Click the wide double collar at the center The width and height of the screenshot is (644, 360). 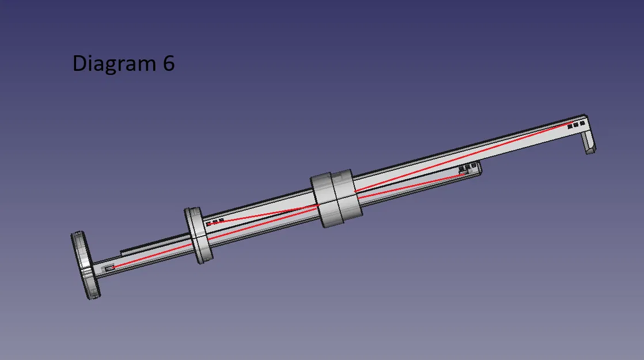336,199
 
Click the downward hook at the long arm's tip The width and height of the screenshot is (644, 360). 589,141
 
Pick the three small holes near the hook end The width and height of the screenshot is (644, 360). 576,124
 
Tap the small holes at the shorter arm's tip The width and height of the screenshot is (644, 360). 468,169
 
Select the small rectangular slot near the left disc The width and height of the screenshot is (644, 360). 108,268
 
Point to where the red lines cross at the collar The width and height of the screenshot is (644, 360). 319,204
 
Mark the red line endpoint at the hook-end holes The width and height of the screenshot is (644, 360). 570,124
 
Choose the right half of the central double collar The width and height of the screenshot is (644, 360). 347,196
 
